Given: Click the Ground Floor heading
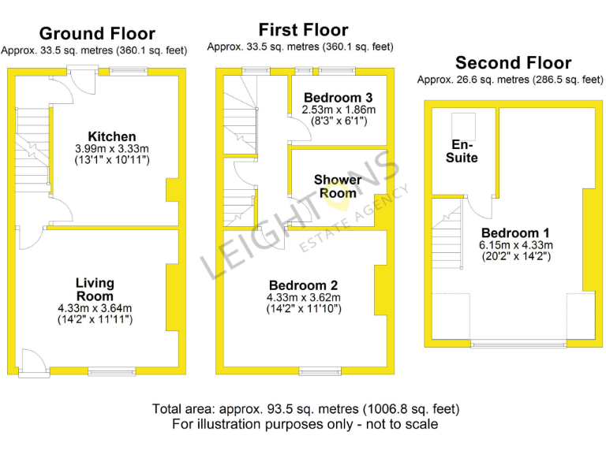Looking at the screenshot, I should click(97, 33).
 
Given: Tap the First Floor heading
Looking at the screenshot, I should click(303, 30).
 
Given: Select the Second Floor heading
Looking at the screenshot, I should click(513, 62).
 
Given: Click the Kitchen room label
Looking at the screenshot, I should click(111, 137).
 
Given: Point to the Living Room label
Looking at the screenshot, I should click(95, 289).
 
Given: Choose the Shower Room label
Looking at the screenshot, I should click(338, 186).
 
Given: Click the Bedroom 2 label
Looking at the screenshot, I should click(304, 285).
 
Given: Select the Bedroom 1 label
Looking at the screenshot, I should click(515, 233).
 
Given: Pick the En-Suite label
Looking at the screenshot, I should click(464, 151).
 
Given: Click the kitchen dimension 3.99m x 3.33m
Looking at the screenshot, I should click(111, 149).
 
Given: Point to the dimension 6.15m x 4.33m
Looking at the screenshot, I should click(515, 245).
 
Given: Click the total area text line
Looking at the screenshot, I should click(305, 409).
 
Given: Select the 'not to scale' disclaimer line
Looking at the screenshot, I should click(305, 424).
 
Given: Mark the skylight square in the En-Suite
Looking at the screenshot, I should click(461, 125).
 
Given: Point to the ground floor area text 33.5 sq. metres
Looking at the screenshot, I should click(94, 50).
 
